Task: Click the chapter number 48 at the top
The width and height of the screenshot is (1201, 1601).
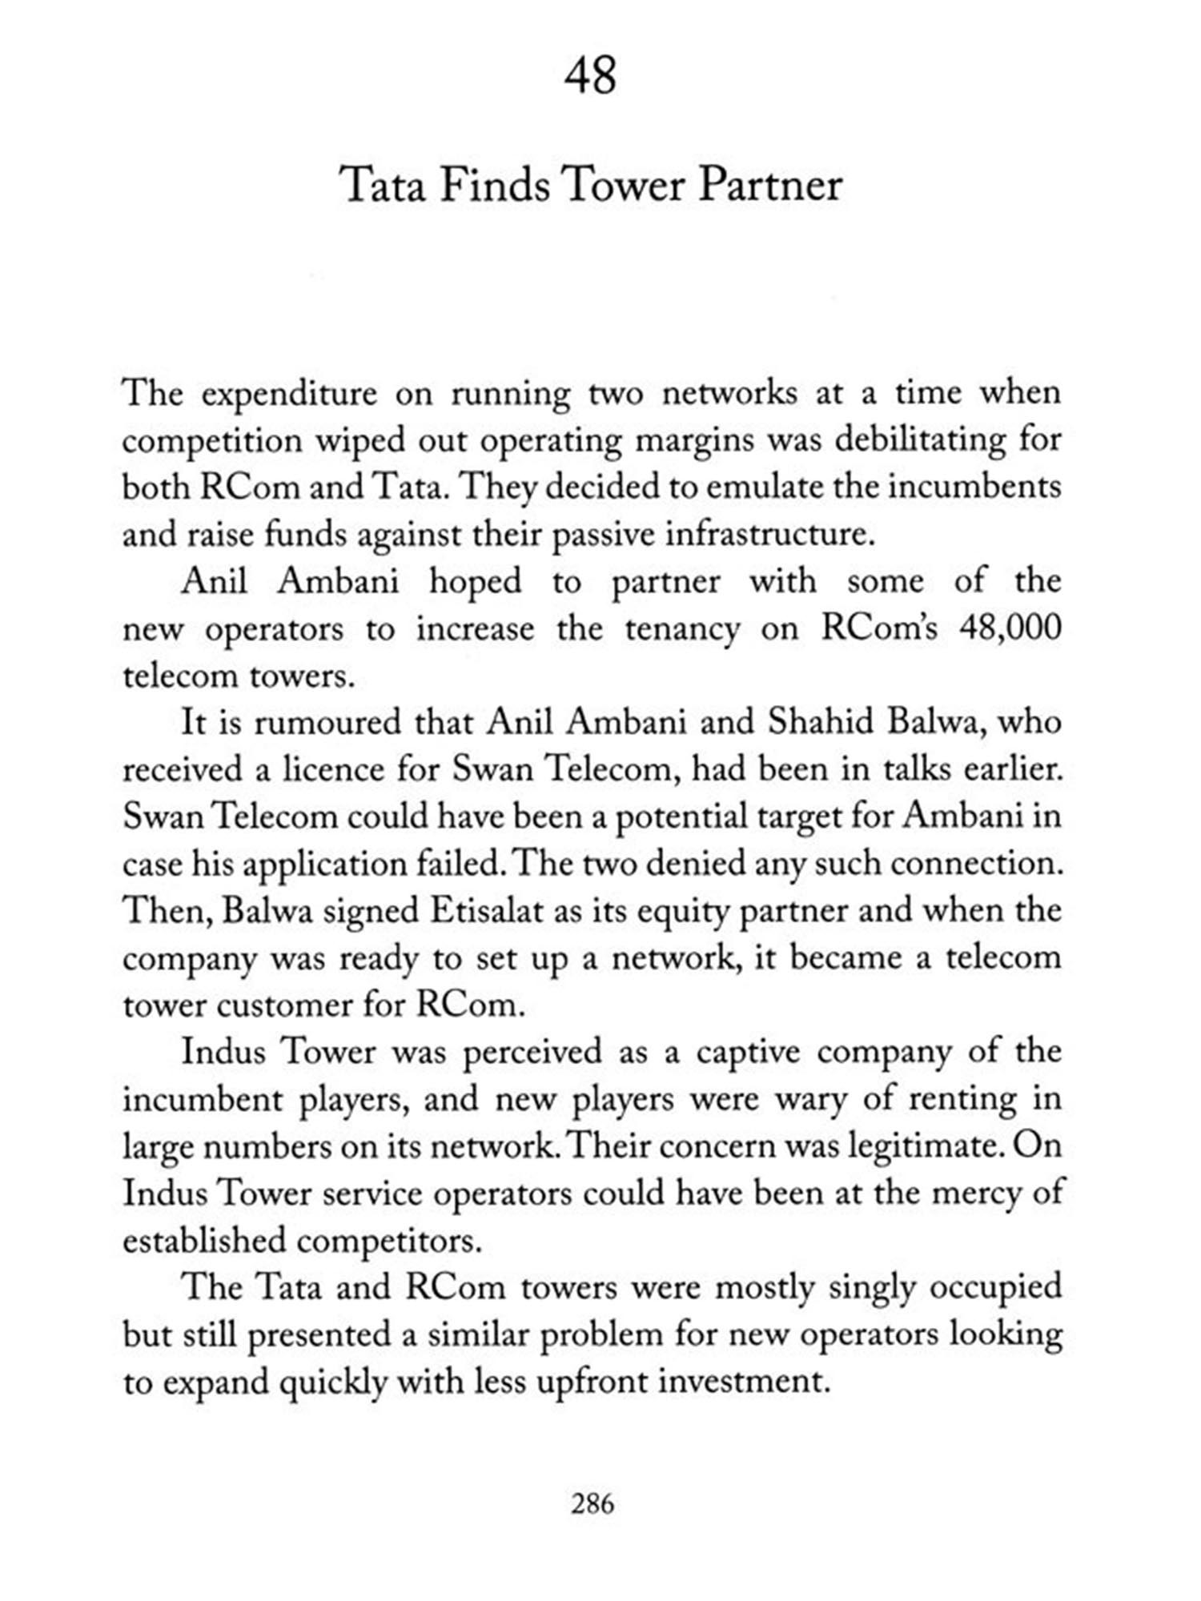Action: click(x=591, y=77)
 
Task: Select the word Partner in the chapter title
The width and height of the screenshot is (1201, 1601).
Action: click(x=773, y=186)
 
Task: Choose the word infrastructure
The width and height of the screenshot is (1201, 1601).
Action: click(x=768, y=534)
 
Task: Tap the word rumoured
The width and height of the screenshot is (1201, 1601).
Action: click(x=328, y=723)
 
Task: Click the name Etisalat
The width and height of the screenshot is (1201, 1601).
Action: click(x=487, y=912)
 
